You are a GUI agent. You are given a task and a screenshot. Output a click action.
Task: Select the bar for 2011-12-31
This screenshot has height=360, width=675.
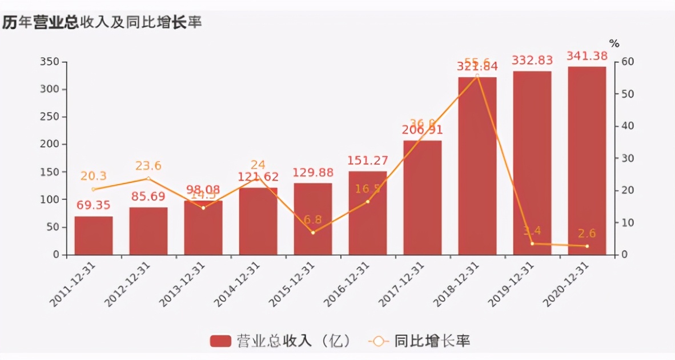point(94,235)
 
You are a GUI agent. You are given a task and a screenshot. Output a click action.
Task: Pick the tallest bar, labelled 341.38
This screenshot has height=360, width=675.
point(587,161)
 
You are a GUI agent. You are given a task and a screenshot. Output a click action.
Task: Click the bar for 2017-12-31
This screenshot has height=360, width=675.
point(423,198)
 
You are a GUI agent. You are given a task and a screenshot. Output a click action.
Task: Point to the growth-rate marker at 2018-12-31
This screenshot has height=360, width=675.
point(477,76)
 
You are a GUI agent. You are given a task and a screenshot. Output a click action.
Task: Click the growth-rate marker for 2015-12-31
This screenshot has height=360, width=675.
point(313,233)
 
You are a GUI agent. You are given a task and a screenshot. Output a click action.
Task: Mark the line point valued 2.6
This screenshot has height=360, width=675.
point(587,246)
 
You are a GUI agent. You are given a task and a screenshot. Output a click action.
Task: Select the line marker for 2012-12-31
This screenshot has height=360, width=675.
point(148,178)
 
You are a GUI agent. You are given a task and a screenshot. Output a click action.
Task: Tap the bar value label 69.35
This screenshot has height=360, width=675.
point(93,205)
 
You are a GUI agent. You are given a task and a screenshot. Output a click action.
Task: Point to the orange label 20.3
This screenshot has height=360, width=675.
point(93,176)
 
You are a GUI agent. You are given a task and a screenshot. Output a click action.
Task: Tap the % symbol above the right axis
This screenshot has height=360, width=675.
point(614,43)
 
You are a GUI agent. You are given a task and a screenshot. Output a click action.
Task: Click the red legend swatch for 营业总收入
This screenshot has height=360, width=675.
point(220,342)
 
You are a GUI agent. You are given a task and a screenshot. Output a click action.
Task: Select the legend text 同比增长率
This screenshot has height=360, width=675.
point(432,342)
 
